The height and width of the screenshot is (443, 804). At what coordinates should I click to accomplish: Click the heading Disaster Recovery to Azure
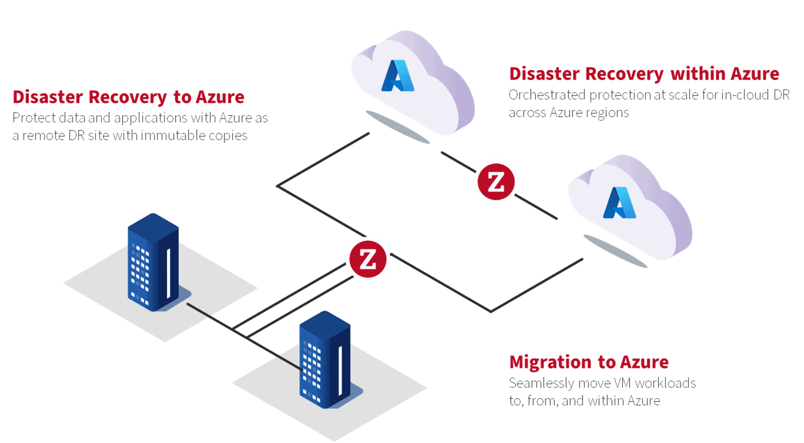tap(128, 97)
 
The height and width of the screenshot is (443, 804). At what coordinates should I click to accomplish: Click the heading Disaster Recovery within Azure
tap(644, 74)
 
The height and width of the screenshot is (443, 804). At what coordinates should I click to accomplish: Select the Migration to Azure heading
tap(588, 362)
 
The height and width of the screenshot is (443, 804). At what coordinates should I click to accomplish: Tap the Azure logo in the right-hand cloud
tap(615, 202)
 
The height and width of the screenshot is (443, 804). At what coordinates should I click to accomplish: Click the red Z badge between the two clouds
tap(496, 182)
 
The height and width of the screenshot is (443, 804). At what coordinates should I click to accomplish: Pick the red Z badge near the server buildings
tap(368, 259)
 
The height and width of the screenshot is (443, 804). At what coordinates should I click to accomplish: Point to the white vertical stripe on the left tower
tap(169, 274)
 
